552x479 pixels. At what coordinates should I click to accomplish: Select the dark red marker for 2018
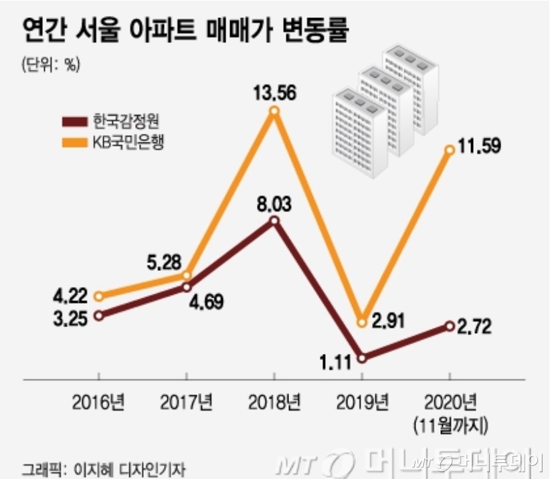274,221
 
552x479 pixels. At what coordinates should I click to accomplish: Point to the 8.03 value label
274,202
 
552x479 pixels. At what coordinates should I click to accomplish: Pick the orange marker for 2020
450,150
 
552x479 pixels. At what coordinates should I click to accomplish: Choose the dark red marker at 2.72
450,326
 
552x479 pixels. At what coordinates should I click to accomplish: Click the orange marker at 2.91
362,322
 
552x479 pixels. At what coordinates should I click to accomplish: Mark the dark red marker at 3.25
99,316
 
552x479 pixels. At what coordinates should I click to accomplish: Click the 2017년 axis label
186,402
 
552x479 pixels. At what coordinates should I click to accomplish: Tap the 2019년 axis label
362,402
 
